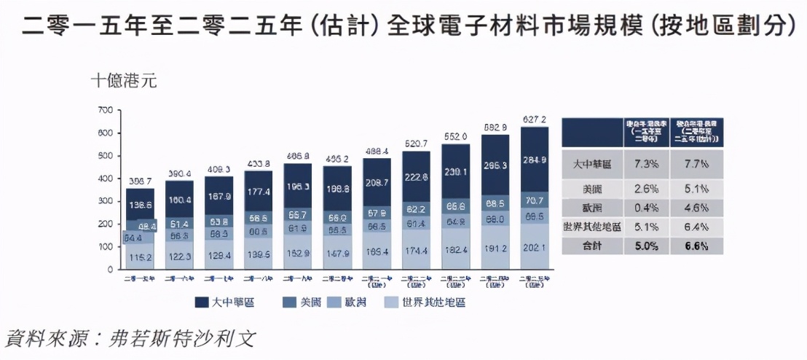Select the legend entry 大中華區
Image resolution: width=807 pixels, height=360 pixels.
point(223,302)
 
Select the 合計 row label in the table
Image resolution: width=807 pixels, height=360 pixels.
point(591,246)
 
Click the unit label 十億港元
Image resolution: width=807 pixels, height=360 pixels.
point(124,80)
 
